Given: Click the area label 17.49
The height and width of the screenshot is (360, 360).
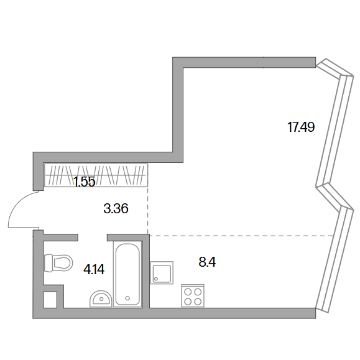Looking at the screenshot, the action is (x=301, y=127).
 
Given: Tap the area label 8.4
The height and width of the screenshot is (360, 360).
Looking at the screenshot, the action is (x=207, y=262).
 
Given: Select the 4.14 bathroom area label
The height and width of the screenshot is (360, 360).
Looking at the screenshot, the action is (x=94, y=269).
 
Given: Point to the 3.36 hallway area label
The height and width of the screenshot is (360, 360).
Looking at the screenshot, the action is (x=116, y=209).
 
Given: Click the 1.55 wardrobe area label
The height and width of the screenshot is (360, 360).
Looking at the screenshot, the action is (x=85, y=182).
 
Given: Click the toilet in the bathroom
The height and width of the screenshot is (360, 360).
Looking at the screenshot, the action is (x=58, y=262).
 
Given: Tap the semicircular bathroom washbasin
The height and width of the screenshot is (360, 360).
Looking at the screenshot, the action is (x=101, y=298).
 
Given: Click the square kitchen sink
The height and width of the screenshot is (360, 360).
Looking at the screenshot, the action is (x=162, y=272).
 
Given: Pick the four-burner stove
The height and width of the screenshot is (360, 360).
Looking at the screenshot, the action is (x=193, y=295).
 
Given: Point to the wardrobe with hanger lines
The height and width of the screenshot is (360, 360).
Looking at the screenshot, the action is (x=96, y=175).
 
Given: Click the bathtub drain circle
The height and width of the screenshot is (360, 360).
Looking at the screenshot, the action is (x=127, y=298).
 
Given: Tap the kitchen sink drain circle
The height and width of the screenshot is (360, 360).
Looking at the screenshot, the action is (x=156, y=279).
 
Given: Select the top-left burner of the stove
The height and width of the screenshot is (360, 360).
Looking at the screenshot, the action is (x=188, y=292).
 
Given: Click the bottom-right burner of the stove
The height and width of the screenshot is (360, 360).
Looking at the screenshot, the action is (x=198, y=302).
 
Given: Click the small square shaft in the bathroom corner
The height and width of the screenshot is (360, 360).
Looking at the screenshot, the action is (x=50, y=300).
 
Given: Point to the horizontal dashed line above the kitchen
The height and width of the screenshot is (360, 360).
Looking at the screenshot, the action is (x=241, y=236).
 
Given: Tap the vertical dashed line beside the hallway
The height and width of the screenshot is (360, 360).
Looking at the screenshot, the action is (x=147, y=210).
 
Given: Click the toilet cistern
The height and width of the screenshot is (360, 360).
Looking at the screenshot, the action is (x=48, y=262).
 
